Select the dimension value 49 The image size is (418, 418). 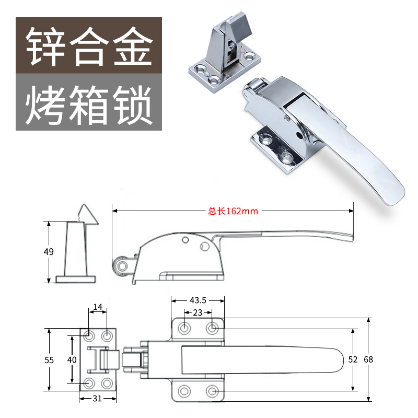tap(49, 252)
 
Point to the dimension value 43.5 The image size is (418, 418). tap(198, 300)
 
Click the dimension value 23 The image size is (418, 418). tap(198, 312)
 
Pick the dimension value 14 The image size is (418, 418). tap(98, 307)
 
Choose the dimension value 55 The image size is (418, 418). tap(49, 359)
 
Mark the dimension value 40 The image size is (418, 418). tap(72, 359)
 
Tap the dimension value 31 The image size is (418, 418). tap(98, 398)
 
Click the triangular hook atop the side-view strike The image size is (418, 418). tap(84, 213)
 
